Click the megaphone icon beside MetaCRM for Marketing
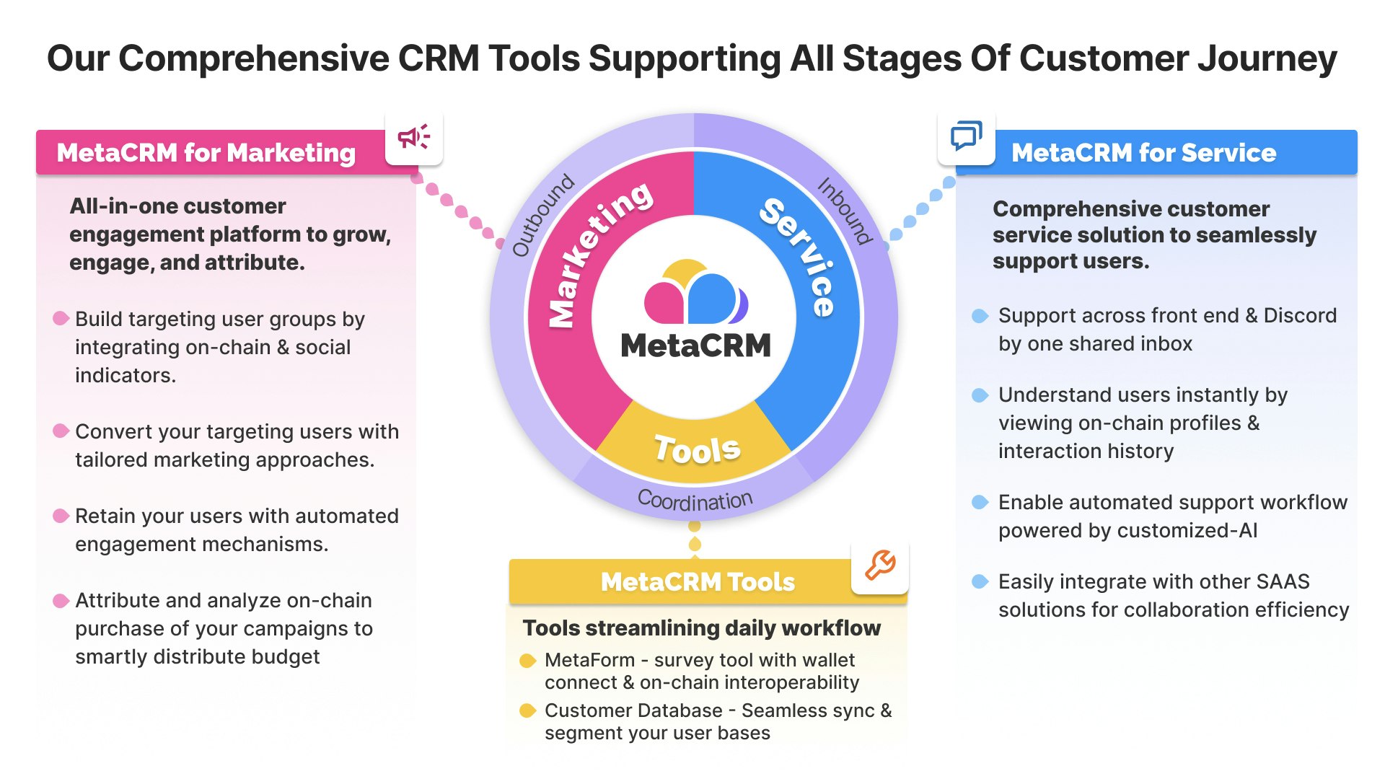coord(414,137)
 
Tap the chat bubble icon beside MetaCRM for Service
coord(966,136)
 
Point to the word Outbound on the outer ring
coord(542,215)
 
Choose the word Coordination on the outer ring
coord(695,499)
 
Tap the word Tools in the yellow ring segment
coord(697,449)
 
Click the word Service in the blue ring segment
coord(799,256)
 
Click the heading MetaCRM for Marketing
coord(206,153)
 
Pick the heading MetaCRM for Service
coord(1143,153)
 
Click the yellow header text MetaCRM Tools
coord(698,581)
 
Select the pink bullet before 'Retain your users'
coord(61,516)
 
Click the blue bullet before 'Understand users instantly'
coord(980,395)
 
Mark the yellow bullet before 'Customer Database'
coord(528,710)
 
